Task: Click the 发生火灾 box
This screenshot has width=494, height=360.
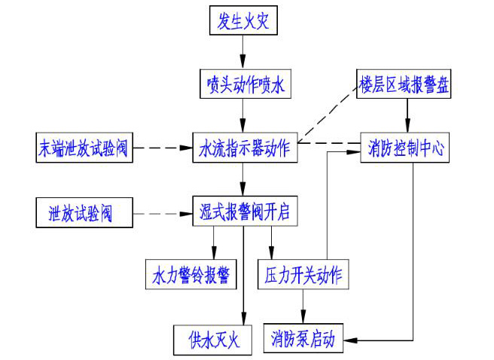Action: (242, 21)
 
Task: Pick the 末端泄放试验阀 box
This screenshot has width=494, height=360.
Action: (84, 148)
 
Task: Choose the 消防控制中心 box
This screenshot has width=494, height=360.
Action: (407, 148)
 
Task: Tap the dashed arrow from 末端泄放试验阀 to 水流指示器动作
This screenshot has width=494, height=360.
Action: (163, 148)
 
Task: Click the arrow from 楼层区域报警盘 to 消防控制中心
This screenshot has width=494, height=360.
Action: (408, 115)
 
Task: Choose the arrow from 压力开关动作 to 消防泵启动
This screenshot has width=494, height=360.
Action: (303, 306)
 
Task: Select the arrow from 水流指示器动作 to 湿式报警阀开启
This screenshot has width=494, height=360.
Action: (242, 179)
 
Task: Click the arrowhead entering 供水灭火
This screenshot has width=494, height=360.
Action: (242, 321)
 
